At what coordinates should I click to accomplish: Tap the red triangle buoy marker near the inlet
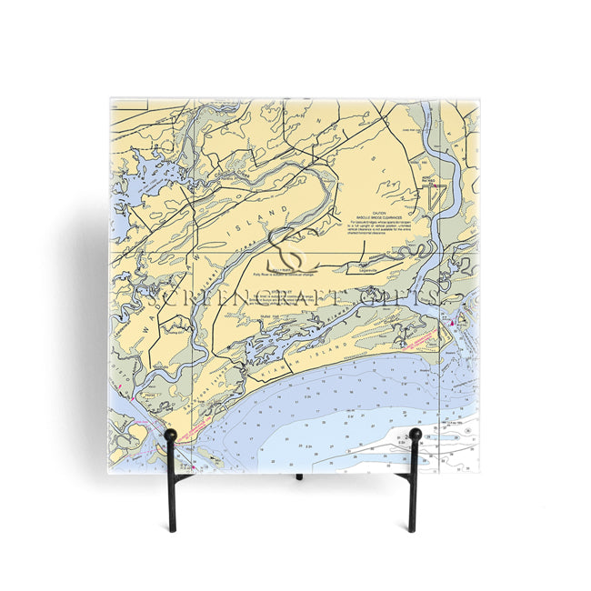click(x=452, y=323)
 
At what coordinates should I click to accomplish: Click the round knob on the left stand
click(x=170, y=436)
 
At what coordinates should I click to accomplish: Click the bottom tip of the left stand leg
click(x=170, y=530)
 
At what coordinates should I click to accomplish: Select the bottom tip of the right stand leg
click(x=412, y=530)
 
